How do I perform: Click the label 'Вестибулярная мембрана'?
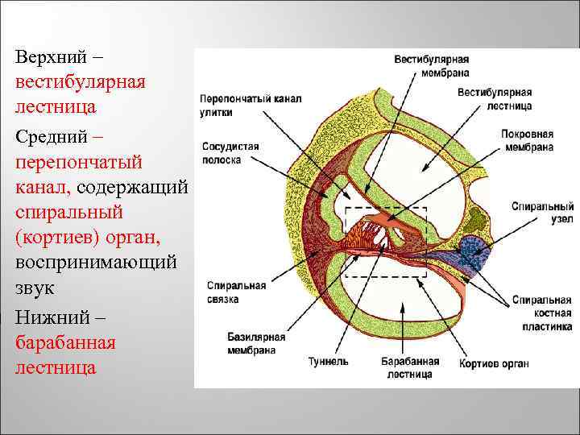tap(431, 65)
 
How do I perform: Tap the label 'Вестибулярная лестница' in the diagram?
tap(495, 99)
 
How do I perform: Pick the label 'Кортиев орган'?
tap(494, 363)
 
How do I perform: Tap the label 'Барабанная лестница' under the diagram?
tap(407, 368)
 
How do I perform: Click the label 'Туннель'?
tap(329, 362)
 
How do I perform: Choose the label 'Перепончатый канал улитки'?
tap(250, 106)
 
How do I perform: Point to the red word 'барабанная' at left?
tap(65, 343)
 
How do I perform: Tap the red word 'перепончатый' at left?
tap(78, 163)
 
